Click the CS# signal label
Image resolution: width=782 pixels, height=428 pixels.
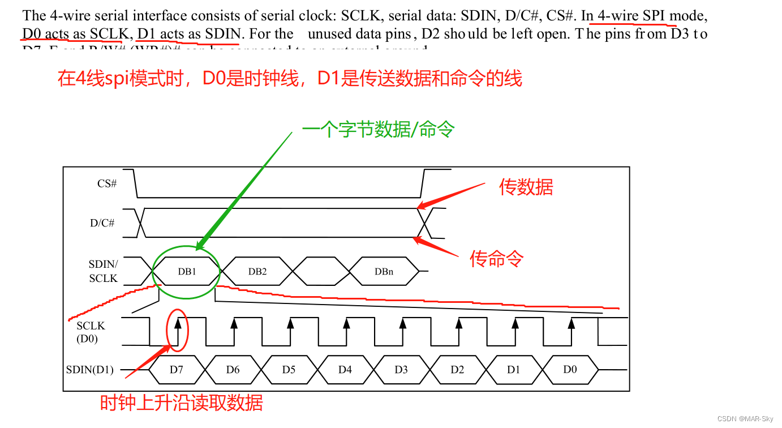[107, 183]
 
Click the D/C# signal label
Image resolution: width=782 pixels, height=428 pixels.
[102, 223]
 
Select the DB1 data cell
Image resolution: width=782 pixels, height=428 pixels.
[187, 271]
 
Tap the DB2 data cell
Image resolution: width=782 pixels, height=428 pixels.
[257, 271]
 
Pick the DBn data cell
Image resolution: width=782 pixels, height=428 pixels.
[384, 271]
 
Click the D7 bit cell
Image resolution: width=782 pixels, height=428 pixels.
[177, 370]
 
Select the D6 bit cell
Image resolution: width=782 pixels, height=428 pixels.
[233, 370]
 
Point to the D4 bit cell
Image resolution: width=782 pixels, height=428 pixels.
[345, 370]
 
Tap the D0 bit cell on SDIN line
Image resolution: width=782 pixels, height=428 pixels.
[570, 369]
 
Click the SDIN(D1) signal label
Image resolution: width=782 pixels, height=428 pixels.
[90, 370]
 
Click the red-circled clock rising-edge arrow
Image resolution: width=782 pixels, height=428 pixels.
[178, 326]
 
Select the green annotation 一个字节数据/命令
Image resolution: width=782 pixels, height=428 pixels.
[378, 130]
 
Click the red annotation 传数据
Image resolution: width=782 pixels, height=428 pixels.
[526, 187]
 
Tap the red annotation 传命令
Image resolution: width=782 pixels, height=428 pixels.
[497, 259]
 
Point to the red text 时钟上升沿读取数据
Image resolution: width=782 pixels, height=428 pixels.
[181, 403]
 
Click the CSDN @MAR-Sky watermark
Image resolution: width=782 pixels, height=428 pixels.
[745, 418]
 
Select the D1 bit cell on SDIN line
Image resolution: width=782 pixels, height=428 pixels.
[513, 370]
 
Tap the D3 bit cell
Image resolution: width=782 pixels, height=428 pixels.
[401, 370]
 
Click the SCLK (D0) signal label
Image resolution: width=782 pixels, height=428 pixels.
[91, 332]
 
